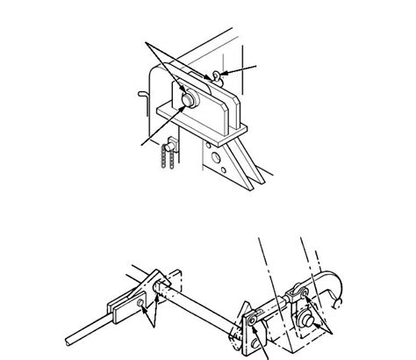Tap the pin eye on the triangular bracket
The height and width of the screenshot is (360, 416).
coord(255,328)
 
